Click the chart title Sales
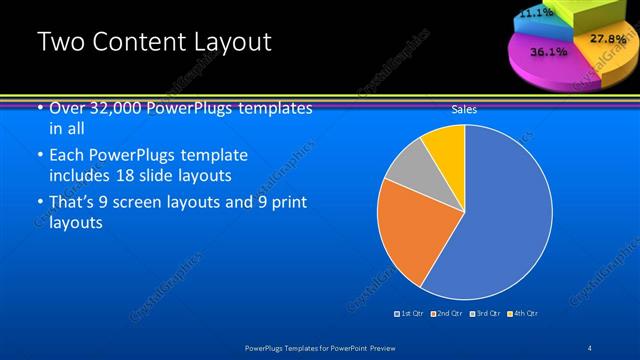click(464, 109)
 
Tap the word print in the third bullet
click(289, 203)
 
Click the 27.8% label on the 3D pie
click(607, 39)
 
